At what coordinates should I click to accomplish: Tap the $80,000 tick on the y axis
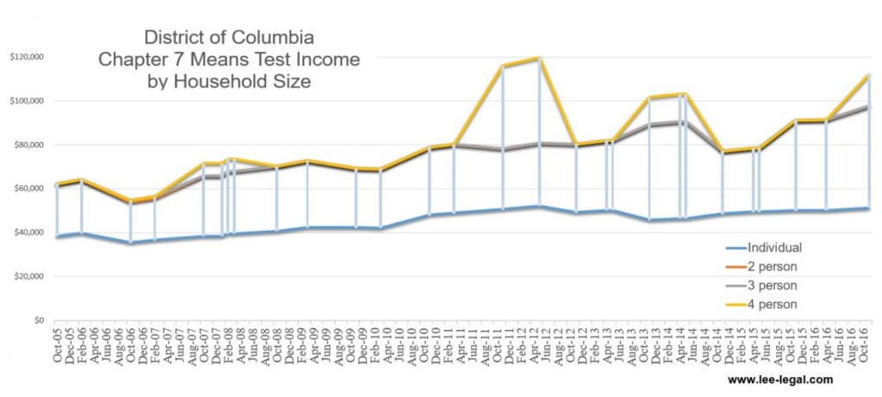[28, 145]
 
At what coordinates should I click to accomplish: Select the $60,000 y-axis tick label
[28, 189]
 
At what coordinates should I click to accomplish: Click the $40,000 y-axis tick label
[28, 233]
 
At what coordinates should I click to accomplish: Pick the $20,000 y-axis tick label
[28, 276]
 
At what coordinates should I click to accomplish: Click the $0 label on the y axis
[38, 320]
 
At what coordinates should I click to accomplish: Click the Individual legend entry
[774, 247]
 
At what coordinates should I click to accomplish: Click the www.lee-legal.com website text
[780, 379]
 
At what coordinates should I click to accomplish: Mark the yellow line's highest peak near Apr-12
[539, 59]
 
